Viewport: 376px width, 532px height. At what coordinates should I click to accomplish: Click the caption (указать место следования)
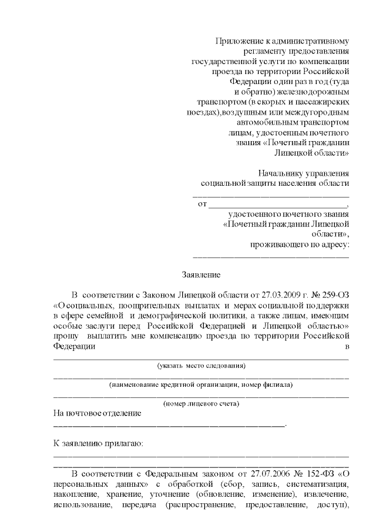[x=201, y=366]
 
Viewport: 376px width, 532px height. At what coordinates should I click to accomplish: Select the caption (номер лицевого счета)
[x=201, y=404]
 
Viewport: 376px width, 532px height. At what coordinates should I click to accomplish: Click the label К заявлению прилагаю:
[x=99, y=443]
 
